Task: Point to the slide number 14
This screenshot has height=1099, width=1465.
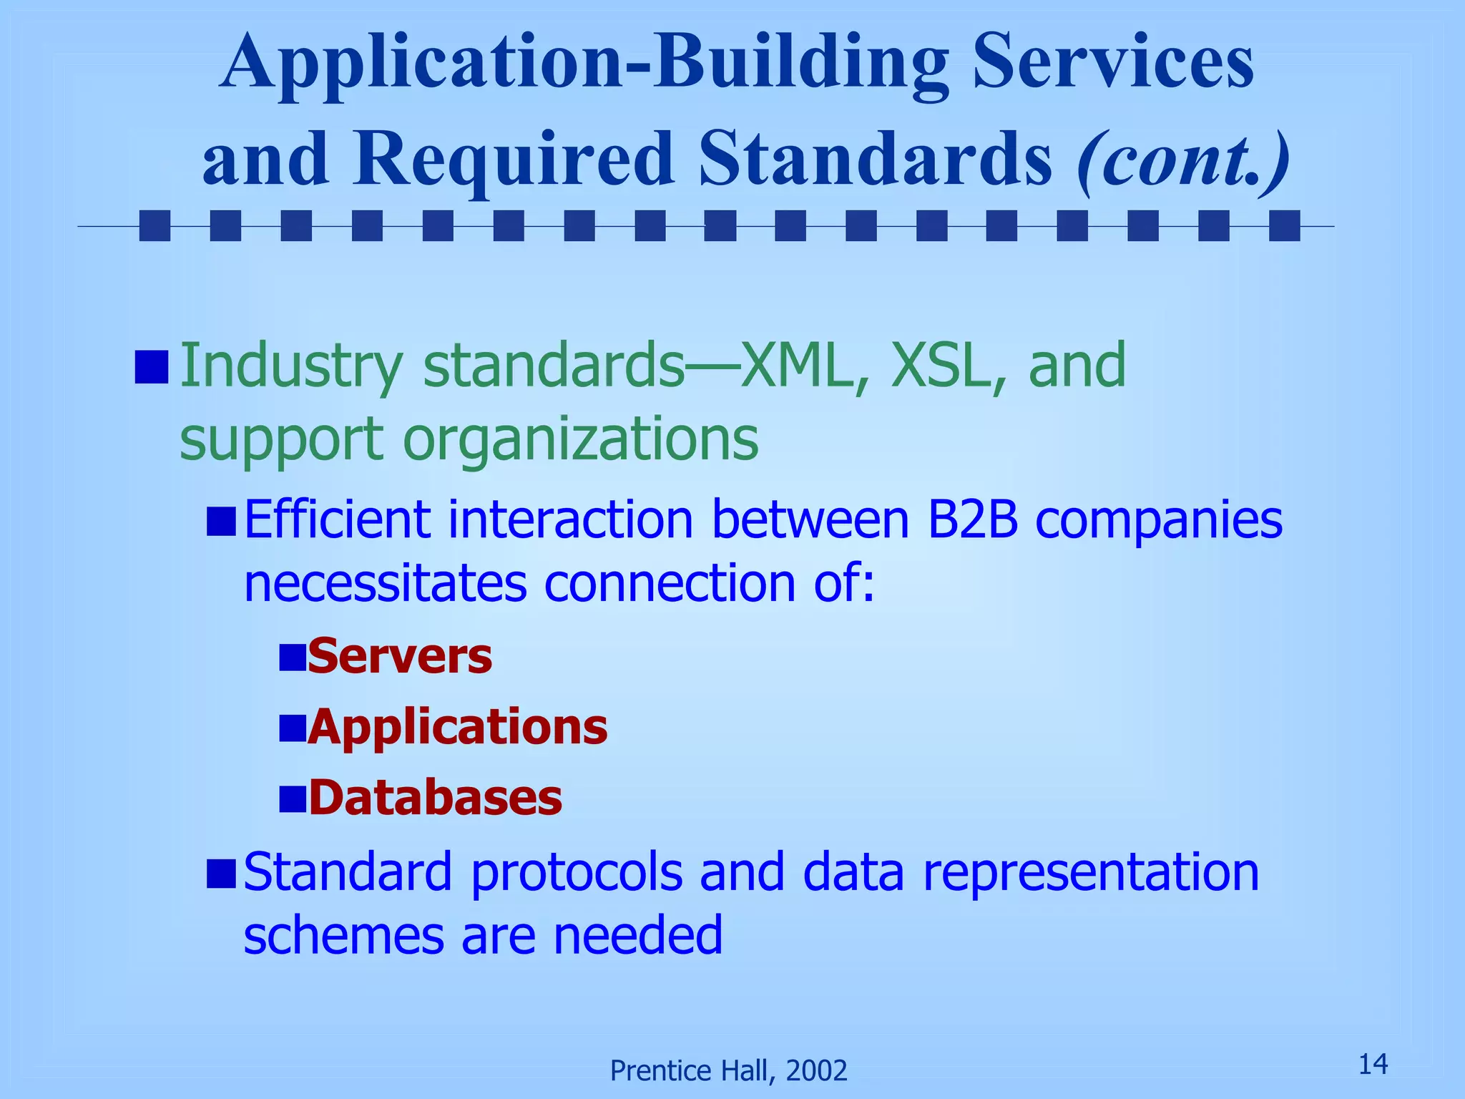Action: click(x=1373, y=1064)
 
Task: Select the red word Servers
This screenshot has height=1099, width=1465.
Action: click(x=400, y=656)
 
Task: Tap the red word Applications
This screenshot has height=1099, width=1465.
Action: click(x=458, y=727)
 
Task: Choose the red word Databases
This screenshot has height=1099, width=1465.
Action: click(x=435, y=798)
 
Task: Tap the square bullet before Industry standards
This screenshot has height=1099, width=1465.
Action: click(x=152, y=366)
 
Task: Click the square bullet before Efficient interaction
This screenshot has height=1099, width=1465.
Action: click(x=221, y=521)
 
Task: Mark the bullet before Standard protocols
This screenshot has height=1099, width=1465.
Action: click(x=221, y=873)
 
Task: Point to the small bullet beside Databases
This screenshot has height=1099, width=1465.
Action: click(x=292, y=798)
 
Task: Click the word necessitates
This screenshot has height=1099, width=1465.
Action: click(x=385, y=583)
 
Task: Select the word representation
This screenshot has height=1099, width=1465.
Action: click(x=1091, y=872)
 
